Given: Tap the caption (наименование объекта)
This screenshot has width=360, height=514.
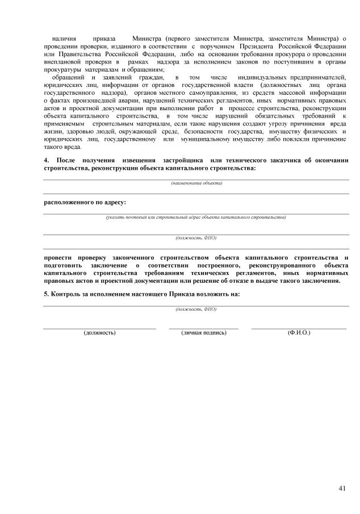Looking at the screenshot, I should click(196, 183).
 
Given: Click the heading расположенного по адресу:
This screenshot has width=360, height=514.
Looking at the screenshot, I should click(85, 202).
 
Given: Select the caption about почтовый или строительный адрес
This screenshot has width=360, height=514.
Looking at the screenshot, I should click(196, 217).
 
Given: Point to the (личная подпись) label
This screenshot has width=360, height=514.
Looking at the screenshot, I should click(204, 332).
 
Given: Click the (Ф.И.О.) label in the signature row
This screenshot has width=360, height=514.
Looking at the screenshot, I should click(299, 332).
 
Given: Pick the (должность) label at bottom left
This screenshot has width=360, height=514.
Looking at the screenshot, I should click(100, 332).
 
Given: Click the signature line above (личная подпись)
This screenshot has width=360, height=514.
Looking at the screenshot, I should click(204, 328).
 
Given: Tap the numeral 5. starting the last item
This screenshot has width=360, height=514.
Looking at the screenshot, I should click(47, 294).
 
